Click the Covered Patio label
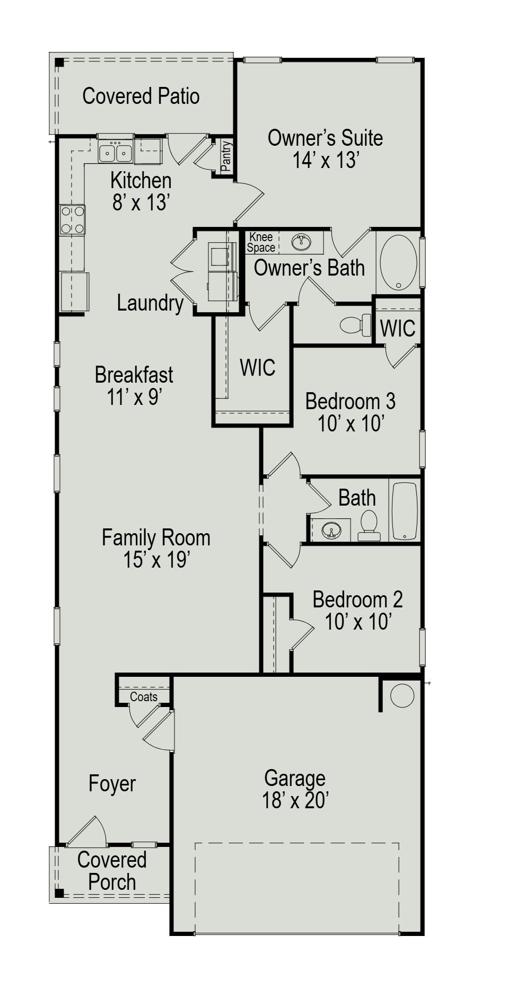[x=141, y=96]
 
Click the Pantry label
[x=226, y=156]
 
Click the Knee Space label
[x=261, y=243]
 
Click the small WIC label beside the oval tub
[x=398, y=328]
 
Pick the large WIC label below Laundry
[x=257, y=367]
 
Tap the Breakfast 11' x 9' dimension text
[x=134, y=397]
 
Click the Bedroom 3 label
[x=350, y=401]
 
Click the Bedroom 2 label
[x=357, y=600]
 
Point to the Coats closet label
[x=144, y=696]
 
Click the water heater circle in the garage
[x=402, y=696]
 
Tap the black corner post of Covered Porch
[x=60, y=893]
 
